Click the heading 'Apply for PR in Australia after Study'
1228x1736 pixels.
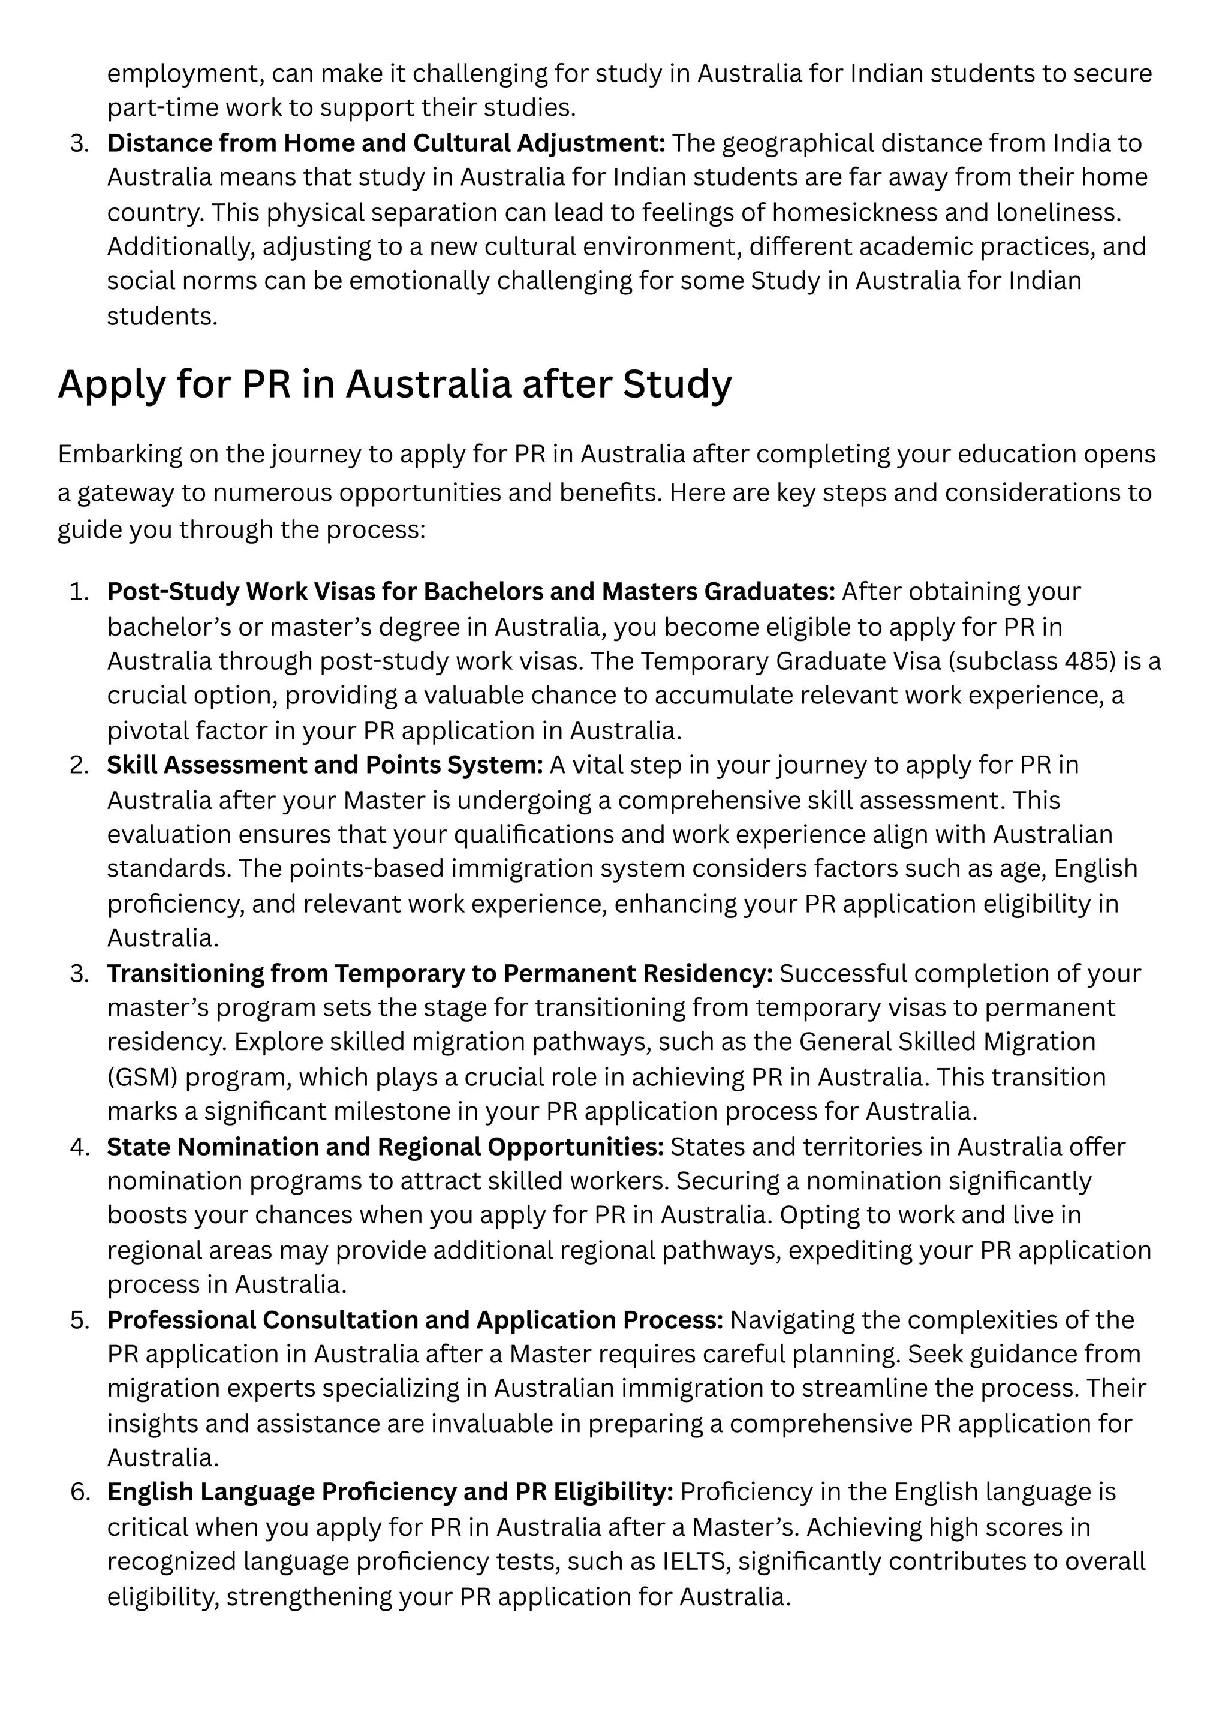coord(394,384)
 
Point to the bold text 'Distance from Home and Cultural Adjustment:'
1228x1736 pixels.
coord(386,143)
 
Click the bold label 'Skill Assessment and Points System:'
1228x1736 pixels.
coord(325,765)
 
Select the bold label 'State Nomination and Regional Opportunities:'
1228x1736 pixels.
coord(385,1147)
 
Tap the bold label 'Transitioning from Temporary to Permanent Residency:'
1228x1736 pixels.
coord(440,973)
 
